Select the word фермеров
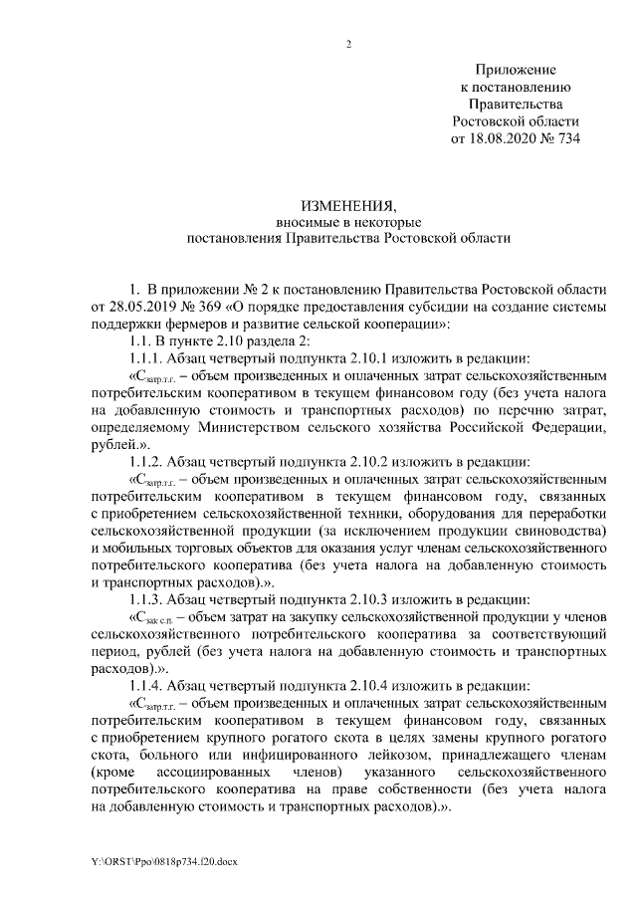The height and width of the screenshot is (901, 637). coord(179,324)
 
